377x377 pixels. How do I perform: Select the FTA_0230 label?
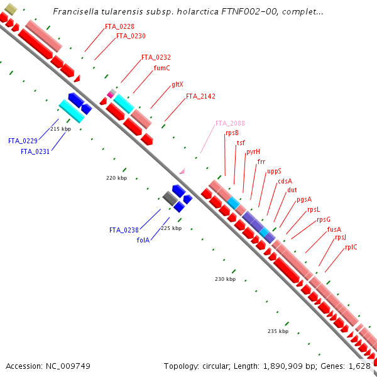pyautogui.click(x=131, y=36)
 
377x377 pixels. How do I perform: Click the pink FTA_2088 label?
pyautogui.click(x=230, y=123)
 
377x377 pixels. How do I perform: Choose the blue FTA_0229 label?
pyautogui.click(x=23, y=141)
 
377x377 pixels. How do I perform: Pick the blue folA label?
pyautogui.click(x=143, y=240)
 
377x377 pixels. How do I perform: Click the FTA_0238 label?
pyautogui.click(x=123, y=230)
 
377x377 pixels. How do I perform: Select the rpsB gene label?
pyautogui.click(x=232, y=133)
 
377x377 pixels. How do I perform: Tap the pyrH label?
pyautogui.click(x=253, y=151)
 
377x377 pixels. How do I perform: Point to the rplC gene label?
pyautogui.click(x=351, y=247)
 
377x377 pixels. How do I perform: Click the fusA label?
pyautogui.click(x=334, y=229)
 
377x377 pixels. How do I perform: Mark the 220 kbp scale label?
pyautogui.click(x=116, y=178)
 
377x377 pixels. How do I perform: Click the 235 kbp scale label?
pyautogui.click(x=278, y=331)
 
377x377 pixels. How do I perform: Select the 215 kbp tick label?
pyautogui.click(x=60, y=129)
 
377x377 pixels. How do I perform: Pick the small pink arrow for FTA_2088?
pyautogui.click(x=182, y=170)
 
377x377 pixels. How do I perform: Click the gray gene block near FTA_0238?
pyautogui.click(x=169, y=199)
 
